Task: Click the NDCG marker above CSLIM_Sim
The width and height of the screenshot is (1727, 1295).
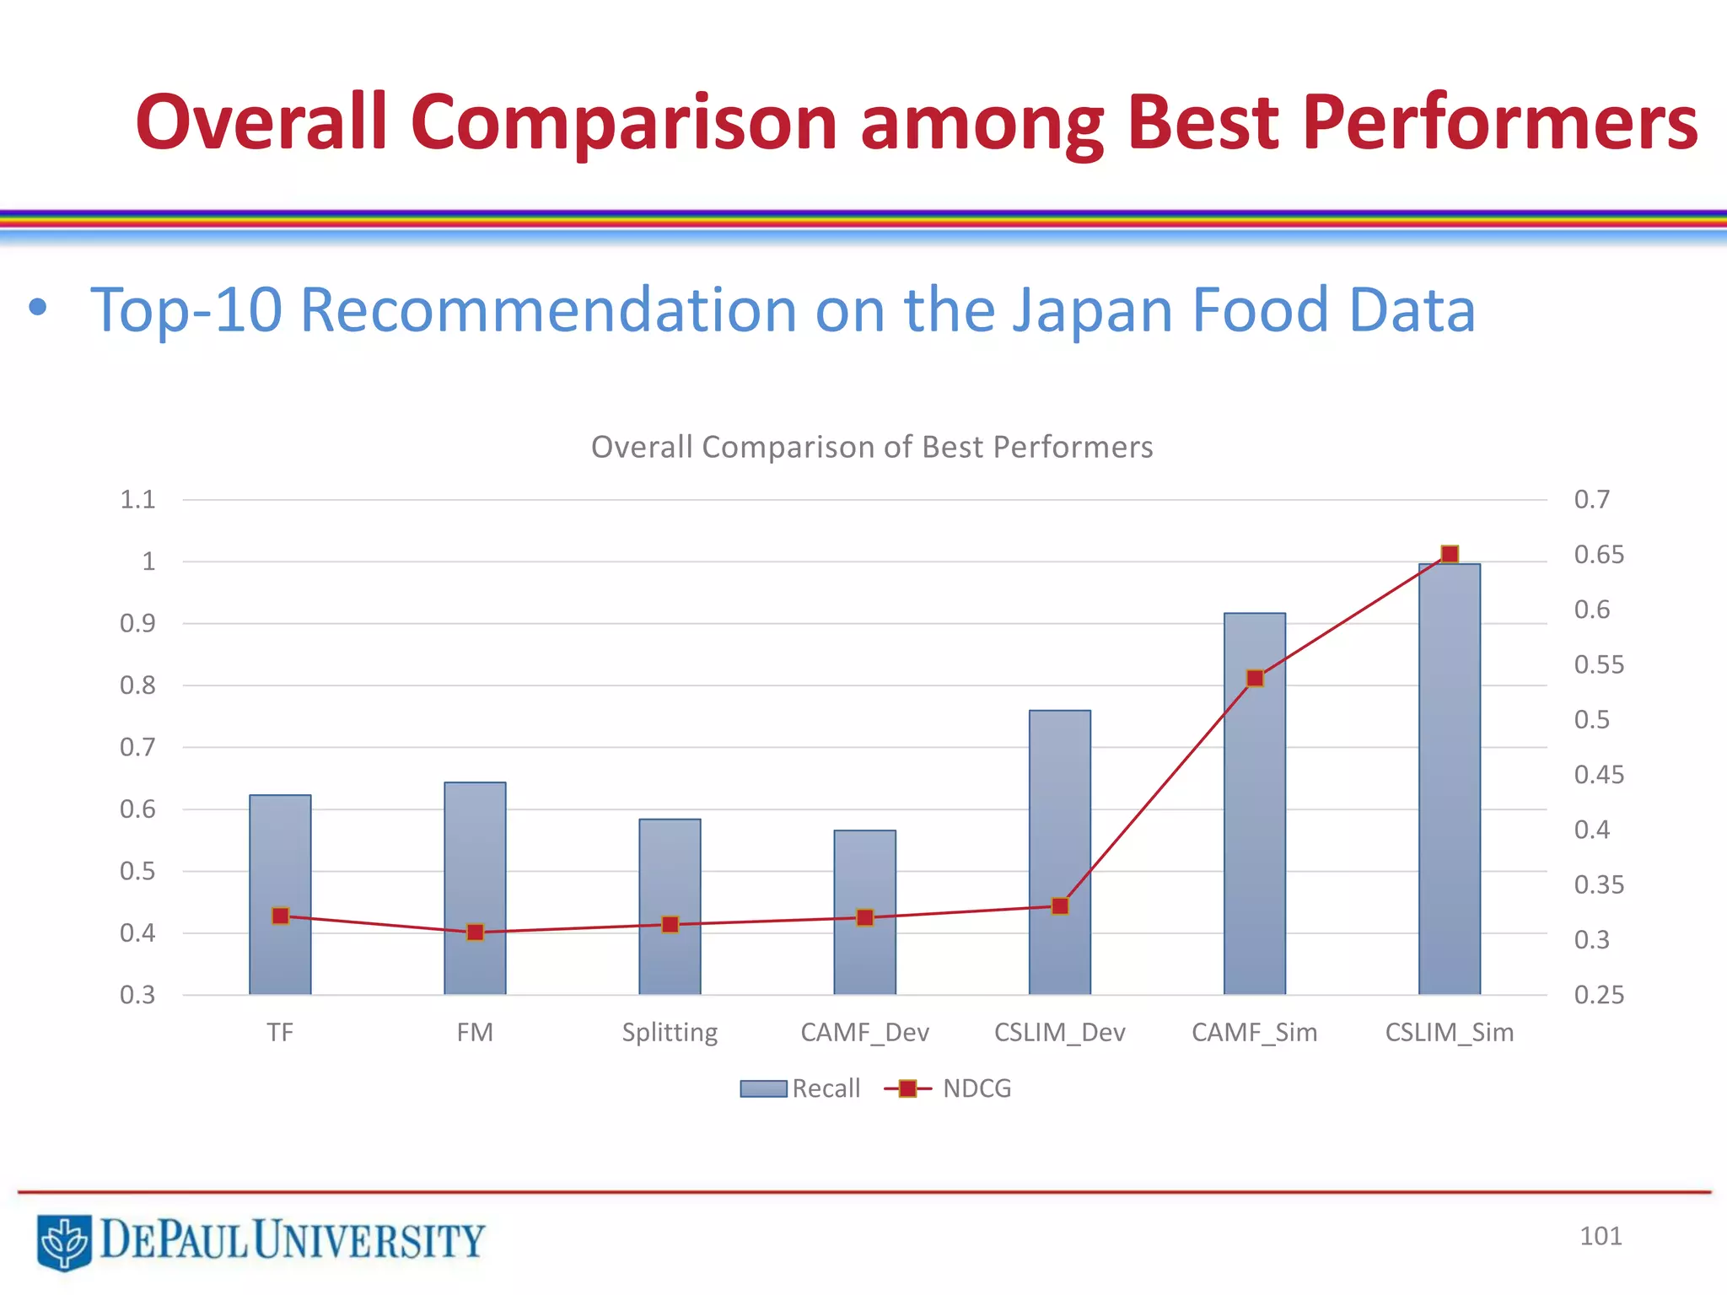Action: coord(1450,554)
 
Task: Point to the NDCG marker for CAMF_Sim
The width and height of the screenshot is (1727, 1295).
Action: coord(1255,679)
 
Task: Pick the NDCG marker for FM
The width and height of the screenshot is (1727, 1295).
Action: coord(476,932)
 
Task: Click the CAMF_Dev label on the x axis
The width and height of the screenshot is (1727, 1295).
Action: coord(864,1032)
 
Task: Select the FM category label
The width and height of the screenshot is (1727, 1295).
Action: coord(475,1032)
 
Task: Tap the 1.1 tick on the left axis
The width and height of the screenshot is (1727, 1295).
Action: coord(137,499)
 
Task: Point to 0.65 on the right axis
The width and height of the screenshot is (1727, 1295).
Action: coord(1598,555)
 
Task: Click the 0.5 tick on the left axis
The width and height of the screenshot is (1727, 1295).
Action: coord(137,871)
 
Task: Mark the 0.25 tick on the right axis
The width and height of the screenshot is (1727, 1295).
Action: coord(1598,995)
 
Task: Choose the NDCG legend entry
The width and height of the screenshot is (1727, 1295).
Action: coord(948,1088)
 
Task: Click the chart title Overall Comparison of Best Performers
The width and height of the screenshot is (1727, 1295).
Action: coord(872,447)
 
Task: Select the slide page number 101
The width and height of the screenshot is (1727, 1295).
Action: coord(1600,1236)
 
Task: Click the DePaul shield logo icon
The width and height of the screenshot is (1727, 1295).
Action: coord(64,1241)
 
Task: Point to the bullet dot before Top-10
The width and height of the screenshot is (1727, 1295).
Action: coord(37,308)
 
